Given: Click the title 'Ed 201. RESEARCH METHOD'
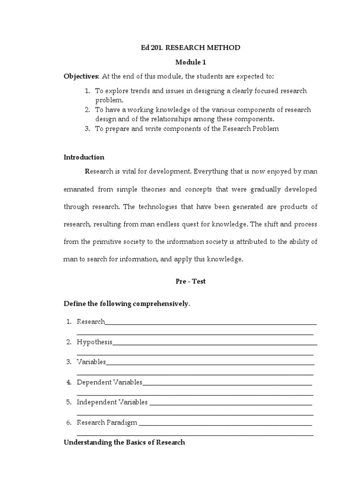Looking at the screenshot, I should (190, 48).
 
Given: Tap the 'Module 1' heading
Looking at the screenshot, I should (190, 62).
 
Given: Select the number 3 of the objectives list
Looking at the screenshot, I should (87, 128).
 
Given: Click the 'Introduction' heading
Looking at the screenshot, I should (84, 157).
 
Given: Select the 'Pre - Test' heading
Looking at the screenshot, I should (190, 281).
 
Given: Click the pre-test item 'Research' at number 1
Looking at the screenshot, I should (91, 322).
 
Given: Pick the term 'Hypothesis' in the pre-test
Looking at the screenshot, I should (95, 342).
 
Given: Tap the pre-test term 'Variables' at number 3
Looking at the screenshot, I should (91, 362).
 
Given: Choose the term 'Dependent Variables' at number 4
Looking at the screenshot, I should (109, 382).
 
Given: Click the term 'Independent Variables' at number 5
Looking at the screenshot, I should (112, 402).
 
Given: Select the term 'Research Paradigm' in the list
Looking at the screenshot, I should (107, 422).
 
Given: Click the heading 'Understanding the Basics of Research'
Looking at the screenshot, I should (124, 442).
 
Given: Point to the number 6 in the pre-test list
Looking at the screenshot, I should (68, 422).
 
